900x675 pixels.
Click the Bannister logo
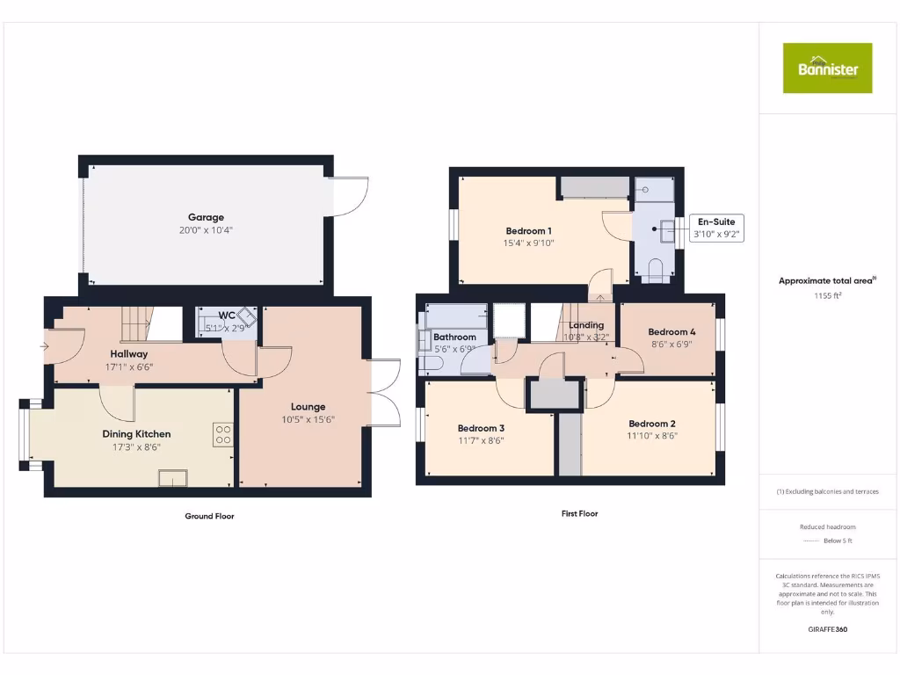click(x=827, y=68)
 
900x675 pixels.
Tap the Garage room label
click(x=206, y=217)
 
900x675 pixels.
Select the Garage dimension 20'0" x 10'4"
click(x=206, y=230)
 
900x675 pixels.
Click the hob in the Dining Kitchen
click(x=222, y=434)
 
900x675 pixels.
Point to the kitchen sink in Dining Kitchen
click(x=172, y=477)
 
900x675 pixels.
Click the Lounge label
click(x=308, y=407)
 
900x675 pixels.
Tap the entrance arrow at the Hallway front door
click(x=44, y=346)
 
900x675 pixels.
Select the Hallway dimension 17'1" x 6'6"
click(x=129, y=367)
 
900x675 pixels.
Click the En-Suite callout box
click(x=716, y=228)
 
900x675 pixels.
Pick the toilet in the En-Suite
click(x=653, y=269)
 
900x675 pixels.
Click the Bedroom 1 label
click(x=528, y=231)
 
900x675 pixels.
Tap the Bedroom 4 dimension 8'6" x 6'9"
click(x=671, y=345)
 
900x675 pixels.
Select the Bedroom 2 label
click(x=651, y=423)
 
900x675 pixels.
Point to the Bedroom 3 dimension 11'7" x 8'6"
click(x=481, y=441)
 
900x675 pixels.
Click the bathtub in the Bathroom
click(x=456, y=316)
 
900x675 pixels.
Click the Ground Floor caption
click(x=209, y=516)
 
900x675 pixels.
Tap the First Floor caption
click(x=579, y=513)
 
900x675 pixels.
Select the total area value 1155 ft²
click(x=827, y=296)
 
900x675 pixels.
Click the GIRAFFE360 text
click(x=827, y=629)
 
